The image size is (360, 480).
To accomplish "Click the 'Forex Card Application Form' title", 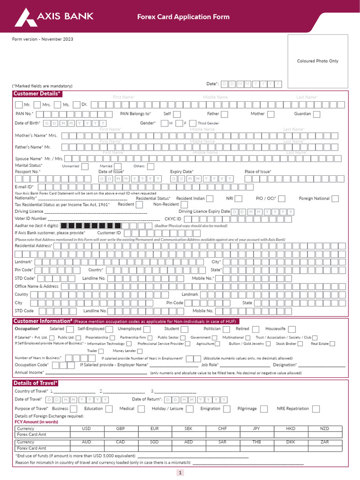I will coord(183,17).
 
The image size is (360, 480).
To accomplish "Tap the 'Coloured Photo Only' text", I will coord(317,61).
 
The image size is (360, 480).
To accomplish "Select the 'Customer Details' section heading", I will coord(37,94).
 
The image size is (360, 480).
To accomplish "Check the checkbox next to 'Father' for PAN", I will coord(225,114).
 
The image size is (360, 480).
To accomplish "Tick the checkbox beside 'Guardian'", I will coord(317,114).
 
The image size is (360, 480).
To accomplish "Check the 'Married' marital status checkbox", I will coord(118,166).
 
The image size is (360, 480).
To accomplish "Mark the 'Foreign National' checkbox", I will coord(335,199).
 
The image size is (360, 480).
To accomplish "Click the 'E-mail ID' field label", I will coord(24,187).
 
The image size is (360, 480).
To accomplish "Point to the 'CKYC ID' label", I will coord(172,218).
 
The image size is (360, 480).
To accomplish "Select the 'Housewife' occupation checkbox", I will coord(293,329).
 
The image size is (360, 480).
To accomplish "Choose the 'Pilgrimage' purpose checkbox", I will coord(264,409).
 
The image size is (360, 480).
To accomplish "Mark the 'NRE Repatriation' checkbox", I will coord(316,409).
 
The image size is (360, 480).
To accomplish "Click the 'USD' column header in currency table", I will coord(86,428).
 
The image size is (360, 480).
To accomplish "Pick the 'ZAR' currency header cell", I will coord(324,442).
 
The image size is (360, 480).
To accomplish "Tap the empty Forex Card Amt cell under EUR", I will coord(155,435).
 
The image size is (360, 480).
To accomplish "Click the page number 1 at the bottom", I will coord(180,473).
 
